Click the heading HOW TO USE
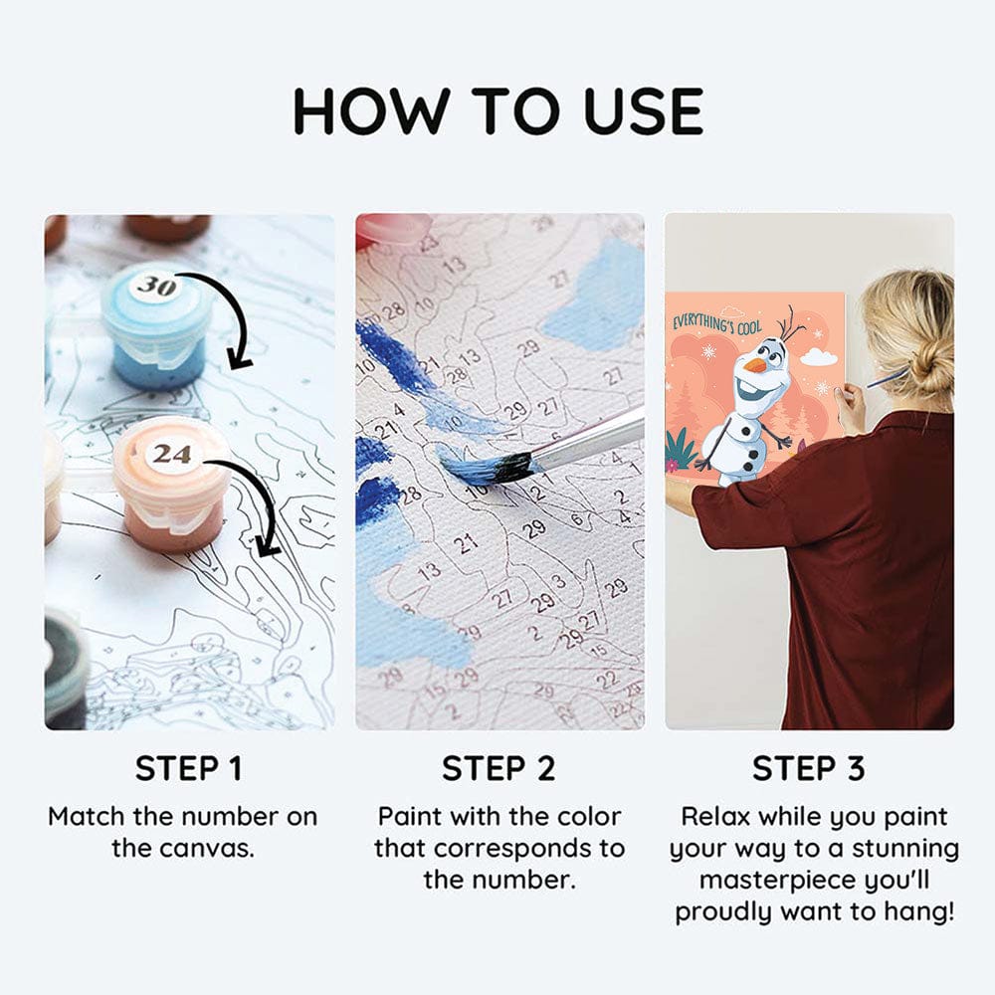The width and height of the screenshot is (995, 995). coord(498,111)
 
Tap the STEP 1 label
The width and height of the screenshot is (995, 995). coord(189,768)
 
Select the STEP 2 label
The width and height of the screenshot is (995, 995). coord(498,768)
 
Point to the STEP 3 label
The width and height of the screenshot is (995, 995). coord(808,768)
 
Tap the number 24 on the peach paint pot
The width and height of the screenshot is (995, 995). coord(171,454)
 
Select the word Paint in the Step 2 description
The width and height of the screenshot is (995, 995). coord(406,816)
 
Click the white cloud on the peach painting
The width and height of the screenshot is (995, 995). coord(822,356)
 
